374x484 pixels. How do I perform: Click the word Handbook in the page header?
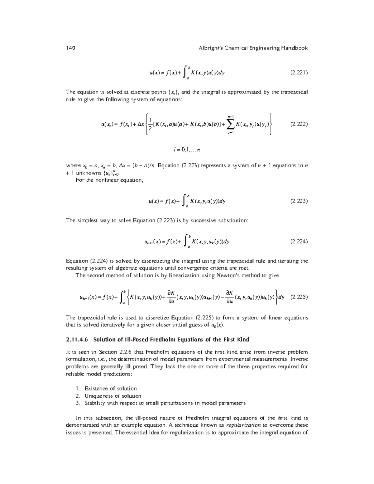(294, 48)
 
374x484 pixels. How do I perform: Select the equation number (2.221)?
(299, 73)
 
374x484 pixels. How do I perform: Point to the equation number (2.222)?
(299, 124)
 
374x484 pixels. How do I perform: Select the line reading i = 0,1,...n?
(187, 150)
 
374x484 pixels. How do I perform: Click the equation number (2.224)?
(299, 242)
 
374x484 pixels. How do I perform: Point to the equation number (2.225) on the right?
(299, 297)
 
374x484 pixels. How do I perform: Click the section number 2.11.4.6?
(78, 339)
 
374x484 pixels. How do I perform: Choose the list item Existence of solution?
(111, 389)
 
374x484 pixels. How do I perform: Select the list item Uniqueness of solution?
(113, 396)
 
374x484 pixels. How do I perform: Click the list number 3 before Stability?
(77, 403)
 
